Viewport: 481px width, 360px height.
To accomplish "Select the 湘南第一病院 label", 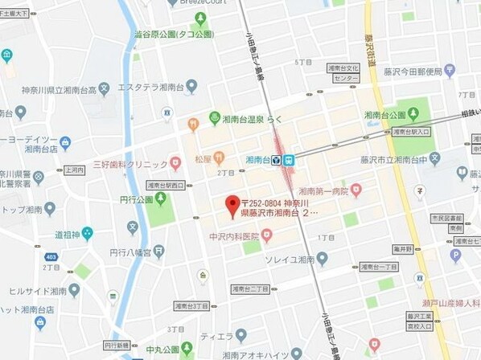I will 323,191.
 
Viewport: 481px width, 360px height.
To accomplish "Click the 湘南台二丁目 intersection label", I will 249,288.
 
